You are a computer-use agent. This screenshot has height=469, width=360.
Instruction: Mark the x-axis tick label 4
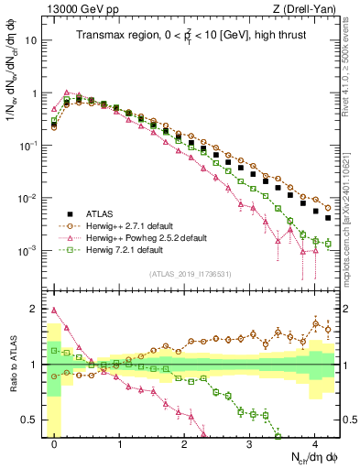[315, 442]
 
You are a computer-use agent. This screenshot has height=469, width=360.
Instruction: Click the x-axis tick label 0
[55, 442]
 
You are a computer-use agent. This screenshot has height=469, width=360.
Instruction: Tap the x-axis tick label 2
[185, 442]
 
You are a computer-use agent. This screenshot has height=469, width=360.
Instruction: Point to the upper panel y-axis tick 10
[32, 41]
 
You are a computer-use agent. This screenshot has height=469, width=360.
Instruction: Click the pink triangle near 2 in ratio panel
[55, 310]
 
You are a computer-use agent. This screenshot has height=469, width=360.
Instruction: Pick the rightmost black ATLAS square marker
[327, 218]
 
